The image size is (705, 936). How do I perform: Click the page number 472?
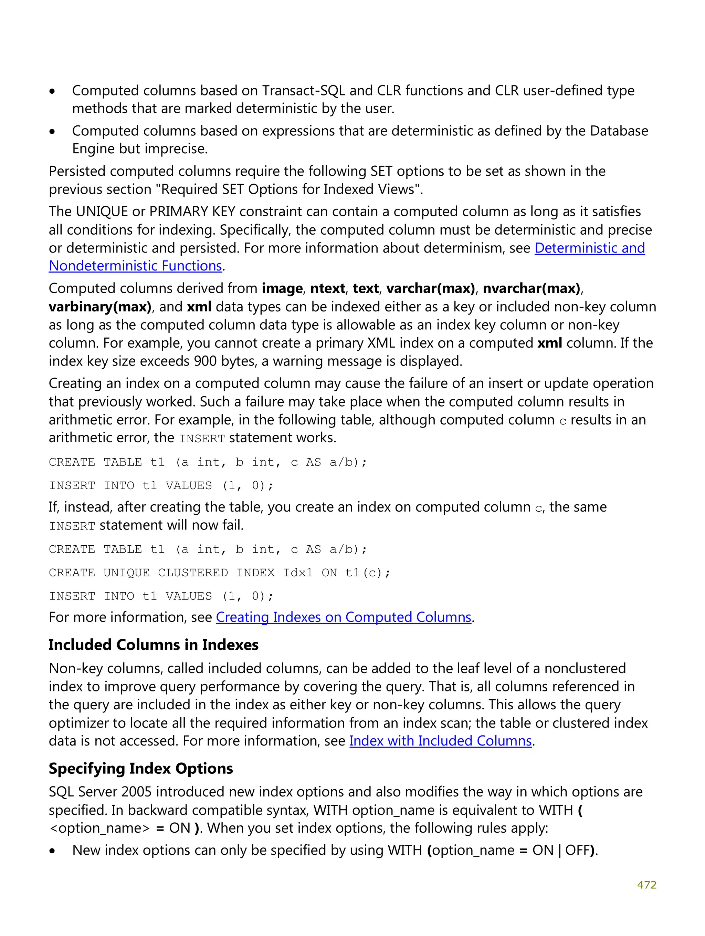646,885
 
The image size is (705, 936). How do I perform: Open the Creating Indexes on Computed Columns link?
344,617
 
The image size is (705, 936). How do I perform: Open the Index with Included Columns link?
440,741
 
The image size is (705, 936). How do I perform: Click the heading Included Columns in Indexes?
154,645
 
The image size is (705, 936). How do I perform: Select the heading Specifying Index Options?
141,769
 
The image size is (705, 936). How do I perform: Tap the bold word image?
282,289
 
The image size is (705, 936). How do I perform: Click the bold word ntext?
328,289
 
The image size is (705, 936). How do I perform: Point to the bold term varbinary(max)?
100,307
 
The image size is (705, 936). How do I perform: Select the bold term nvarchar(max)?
532,289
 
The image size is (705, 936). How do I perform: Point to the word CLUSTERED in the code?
193,573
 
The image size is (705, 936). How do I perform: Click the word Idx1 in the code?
298,573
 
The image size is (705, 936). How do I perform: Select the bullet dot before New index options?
52,851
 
